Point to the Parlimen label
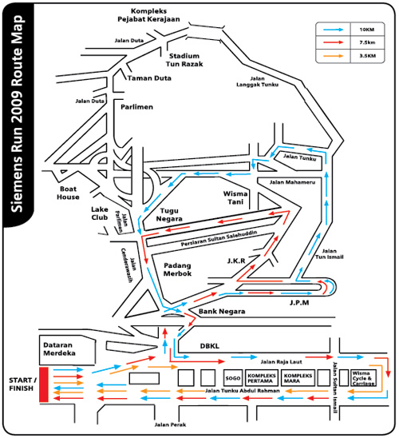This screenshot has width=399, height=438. click(136, 105)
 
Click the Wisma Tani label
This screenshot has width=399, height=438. click(237, 197)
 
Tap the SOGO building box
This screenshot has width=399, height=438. click(232, 377)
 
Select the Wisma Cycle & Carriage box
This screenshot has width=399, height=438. click(366, 377)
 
